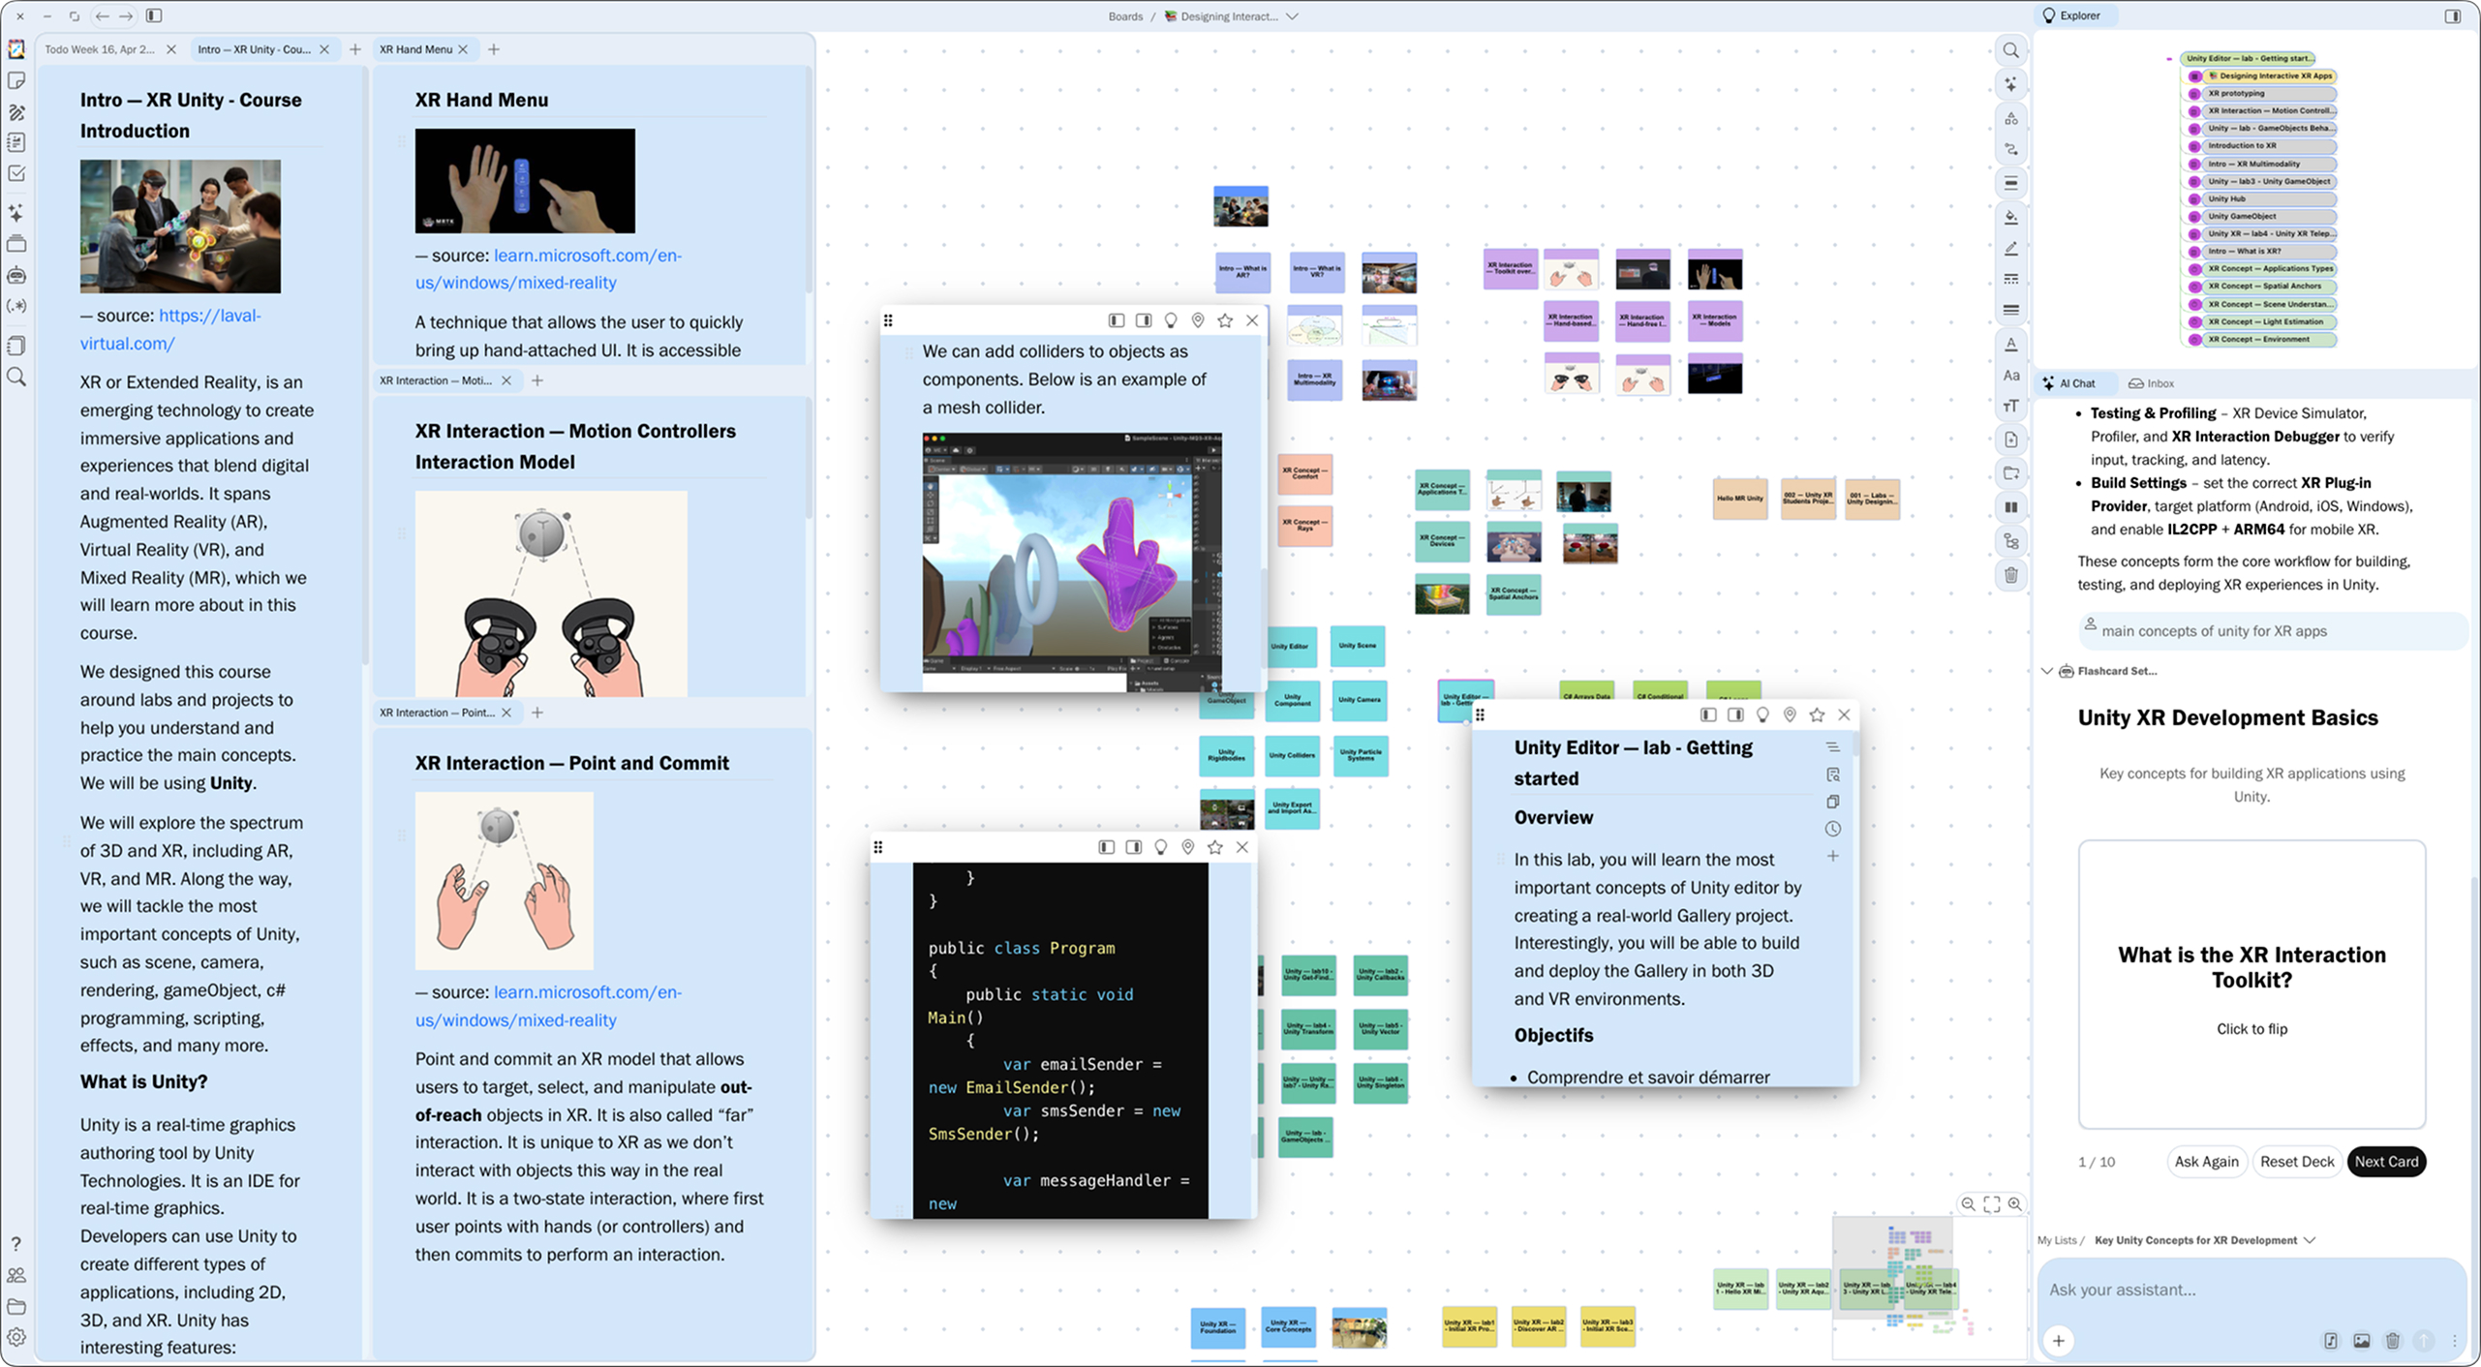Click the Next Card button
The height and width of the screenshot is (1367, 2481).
pos(2385,1161)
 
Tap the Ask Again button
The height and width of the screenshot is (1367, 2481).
pos(2206,1161)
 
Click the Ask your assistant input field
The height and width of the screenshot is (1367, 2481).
pos(2227,1289)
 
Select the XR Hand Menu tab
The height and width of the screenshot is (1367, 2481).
pos(415,49)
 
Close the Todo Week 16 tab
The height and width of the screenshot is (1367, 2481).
pos(171,49)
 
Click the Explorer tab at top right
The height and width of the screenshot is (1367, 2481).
pos(2079,15)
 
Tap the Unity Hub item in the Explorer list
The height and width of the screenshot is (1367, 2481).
pos(2227,198)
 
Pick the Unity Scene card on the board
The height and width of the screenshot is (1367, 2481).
pos(1357,646)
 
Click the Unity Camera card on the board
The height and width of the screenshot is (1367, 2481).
pos(1360,700)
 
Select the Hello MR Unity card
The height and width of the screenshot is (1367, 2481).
pos(1739,499)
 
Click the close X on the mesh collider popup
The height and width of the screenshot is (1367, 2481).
pos(1251,320)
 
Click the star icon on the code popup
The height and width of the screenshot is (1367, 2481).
pos(1214,847)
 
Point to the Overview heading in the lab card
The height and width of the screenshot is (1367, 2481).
pos(1553,817)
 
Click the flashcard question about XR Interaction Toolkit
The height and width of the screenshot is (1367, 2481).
pos(2251,967)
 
